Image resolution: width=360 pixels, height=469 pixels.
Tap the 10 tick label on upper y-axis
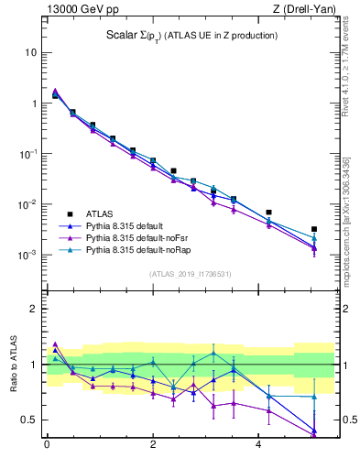click(29, 52)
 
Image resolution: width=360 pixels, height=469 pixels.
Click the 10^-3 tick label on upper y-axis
click(27, 255)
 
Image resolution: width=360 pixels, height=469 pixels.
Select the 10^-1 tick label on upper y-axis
click(27, 154)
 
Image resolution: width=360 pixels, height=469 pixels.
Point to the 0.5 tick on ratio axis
click(27, 420)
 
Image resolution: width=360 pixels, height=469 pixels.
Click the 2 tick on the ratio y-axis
click(32, 310)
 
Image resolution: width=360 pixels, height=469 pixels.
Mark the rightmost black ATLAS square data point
click(313, 229)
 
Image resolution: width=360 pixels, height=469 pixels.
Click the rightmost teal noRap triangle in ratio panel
click(313, 397)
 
